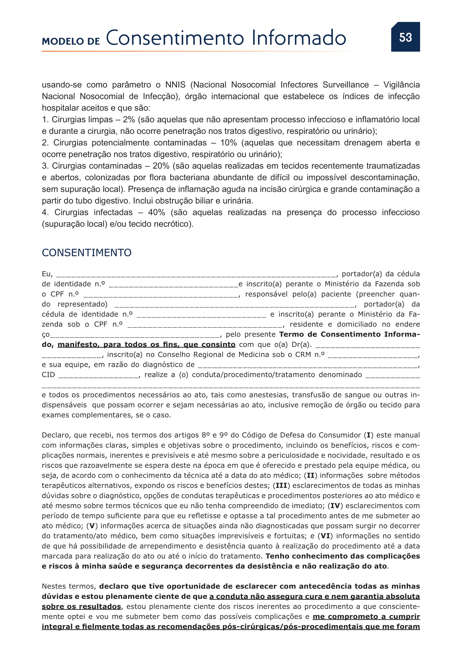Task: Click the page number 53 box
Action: (x=405, y=37)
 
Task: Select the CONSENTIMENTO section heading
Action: (x=87, y=253)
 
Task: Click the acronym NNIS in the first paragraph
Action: (x=175, y=85)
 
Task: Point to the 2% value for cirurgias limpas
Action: (x=129, y=119)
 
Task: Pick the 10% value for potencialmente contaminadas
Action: (x=228, y=143)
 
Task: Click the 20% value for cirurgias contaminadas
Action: (x=161, y=166)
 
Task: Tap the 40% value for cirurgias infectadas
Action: (x=156, y=212)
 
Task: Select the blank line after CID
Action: (x=98, y=376)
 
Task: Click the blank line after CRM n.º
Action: (x=373, y=355)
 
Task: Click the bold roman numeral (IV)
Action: (x=335, y=506)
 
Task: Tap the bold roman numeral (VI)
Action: (x=325, y=536)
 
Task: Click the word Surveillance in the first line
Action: (x=345, y=85)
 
